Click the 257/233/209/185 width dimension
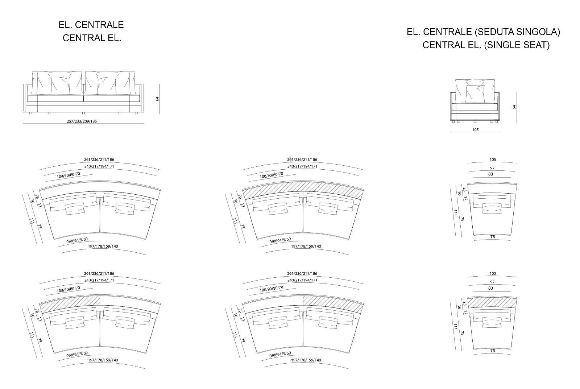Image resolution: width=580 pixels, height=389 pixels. click(x=82, y=121)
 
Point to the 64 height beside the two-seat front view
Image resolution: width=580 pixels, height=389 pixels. click(x=157, y=99)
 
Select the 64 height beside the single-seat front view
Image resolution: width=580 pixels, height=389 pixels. click(x=514, y=107)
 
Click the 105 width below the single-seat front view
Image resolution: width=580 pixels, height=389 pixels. click(x=475, y=130)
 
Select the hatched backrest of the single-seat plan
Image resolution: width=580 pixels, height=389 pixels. click(x=492, y=302)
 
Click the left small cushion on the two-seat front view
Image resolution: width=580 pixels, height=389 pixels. click(x=60, y=86)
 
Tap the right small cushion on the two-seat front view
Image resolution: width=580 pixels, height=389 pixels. click(x=107, y=86)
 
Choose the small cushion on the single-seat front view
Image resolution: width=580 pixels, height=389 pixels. click(x=475, y=94)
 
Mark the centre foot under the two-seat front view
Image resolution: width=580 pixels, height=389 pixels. click(x=83, y=113)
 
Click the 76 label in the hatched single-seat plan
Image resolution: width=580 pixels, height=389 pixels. click(x=493, y=351)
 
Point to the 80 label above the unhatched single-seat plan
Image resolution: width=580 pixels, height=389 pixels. click(x=490, y=174)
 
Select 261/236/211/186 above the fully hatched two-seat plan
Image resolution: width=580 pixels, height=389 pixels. click(x=302, y=160)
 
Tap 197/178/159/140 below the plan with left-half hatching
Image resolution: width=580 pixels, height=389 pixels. click(x=103, y=360)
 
